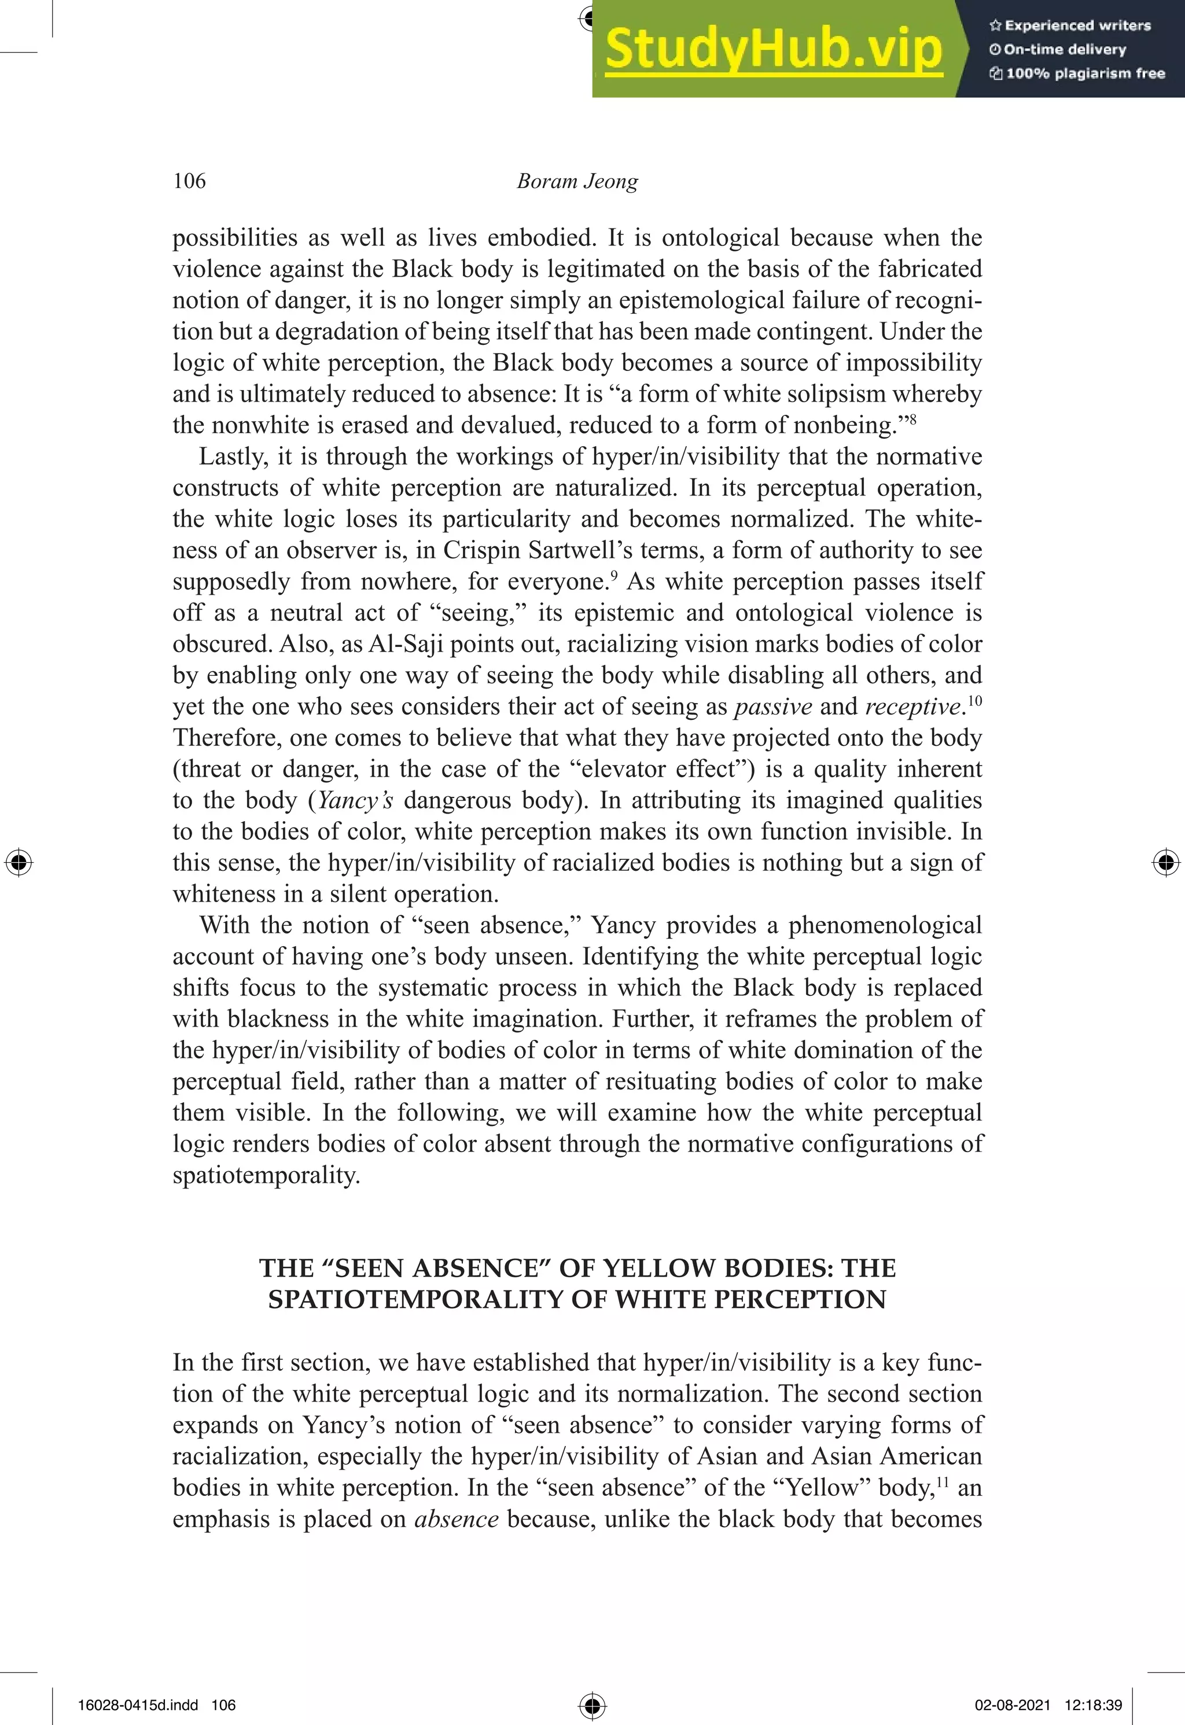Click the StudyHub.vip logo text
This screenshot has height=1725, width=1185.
(x=773, y=49)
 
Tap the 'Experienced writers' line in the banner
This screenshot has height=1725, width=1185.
(x=1070, y=26)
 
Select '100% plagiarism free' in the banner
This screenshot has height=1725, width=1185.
(x=1077, y=73)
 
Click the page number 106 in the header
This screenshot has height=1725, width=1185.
(x=189, y=181)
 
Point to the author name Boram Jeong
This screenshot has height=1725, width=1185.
(x=577, y=181)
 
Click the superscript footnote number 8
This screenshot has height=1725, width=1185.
(x=912, y=419)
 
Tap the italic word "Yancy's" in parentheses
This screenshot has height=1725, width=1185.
(x=355, y=800)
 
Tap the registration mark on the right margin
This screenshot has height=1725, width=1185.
(x=1166, y=863)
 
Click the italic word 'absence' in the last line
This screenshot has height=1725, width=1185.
(x=456, y=1520)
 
